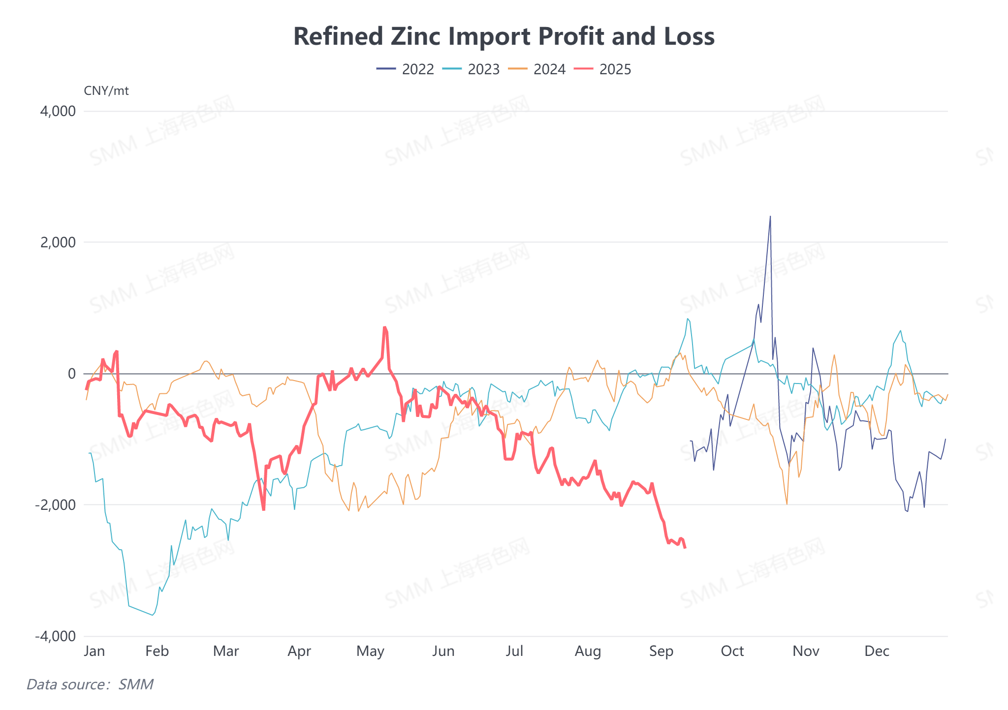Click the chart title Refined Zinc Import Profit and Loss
tap(504, 36)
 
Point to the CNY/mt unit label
tap(106, 91)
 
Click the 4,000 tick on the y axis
tap(58, 111)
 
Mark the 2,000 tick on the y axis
tap(58, 242)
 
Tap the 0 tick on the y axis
tap(72, 374)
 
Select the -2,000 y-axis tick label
tap(56, 505)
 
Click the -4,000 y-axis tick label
tap(56, 636)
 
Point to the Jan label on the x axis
tap(94, 651)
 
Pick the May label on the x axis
tap(370, 651)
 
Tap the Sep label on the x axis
tap(661, 651)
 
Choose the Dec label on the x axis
tap(877, 651)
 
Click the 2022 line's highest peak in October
tap(770, 216)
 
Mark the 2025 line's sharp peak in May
tap(385, 327)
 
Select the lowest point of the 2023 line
tap(153, 615)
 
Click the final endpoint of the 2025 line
tap(685, 548)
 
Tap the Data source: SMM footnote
tap(90, 684)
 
